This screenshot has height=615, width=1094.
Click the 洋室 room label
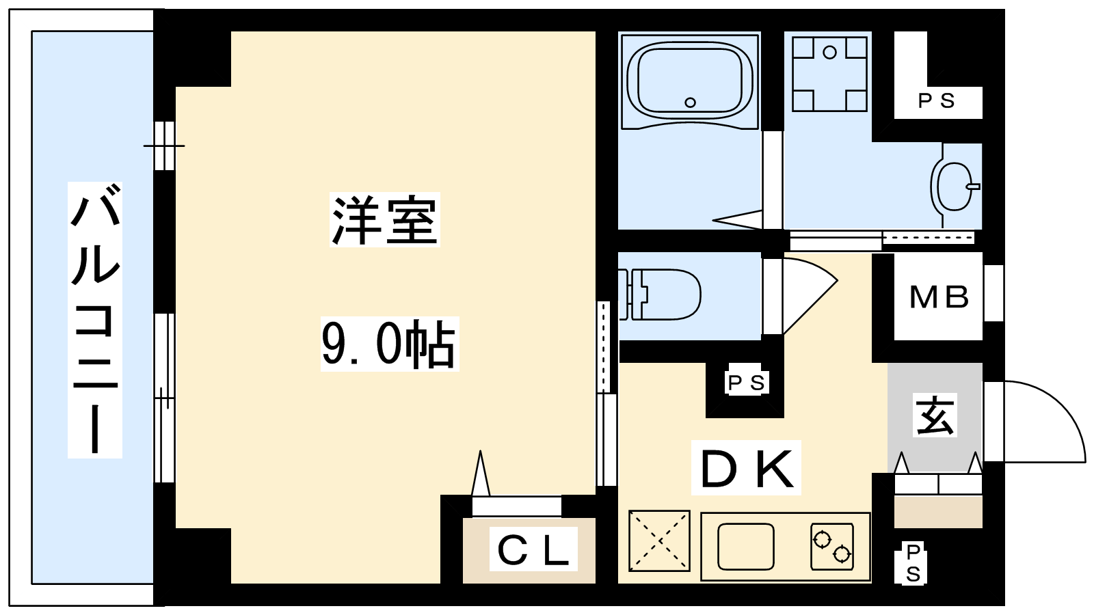tap(385, 219)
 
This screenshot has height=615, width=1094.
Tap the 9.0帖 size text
tap(389, 344)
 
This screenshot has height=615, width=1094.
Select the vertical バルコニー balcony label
tap(95, 320)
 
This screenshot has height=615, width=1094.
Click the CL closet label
tap(533, 549)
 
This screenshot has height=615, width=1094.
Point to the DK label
tap(746, 468)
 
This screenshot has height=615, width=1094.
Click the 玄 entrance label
tap(935, 415)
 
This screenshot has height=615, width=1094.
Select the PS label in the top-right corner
tap(936, 100)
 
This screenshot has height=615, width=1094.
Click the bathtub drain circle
tap(690, 102)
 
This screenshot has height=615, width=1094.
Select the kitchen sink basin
tap(746, 546)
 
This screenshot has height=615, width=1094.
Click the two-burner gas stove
tap(832, 547)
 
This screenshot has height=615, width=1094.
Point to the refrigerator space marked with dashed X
tap(659, 541)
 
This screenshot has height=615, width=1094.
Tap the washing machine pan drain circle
tap(830, 52)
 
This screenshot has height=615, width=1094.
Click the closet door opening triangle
tap(481, 473)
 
